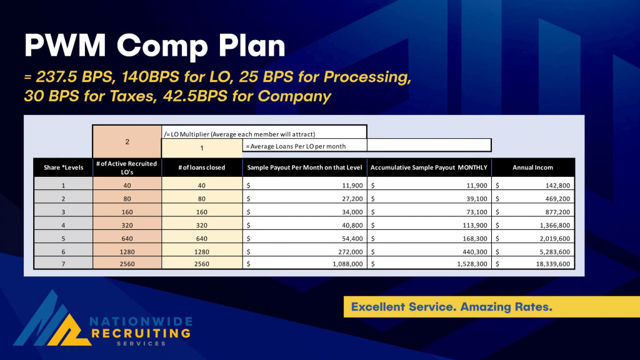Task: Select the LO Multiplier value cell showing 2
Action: click(127, 142)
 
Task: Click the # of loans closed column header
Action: click(201, 167)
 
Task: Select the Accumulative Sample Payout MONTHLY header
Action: click(428, 167)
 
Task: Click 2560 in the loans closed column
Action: click(201, 264)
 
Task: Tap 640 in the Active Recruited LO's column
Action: click(127, 238)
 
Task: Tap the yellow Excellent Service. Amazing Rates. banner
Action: click(491, 307)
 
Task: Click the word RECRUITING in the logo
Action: click(141, 334)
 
